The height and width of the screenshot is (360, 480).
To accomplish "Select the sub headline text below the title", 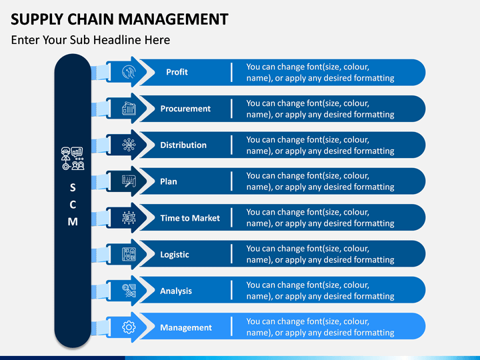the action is tap(91, 40).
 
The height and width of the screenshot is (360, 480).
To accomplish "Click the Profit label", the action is tap(177, 72).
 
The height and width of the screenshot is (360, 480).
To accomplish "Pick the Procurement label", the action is tap(185, 109).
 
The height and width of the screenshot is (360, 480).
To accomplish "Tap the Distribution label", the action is tap(183, 145).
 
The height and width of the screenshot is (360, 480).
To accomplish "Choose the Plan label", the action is tap(169, 181).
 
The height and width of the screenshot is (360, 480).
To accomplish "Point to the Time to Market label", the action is tap(190, 218).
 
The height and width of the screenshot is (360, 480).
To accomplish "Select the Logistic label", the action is tap(175, 255).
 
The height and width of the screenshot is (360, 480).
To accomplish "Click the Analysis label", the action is tap(176, 291).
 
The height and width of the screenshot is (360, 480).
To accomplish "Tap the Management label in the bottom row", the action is tap(186, 327).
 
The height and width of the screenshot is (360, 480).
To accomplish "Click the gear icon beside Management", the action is tap(129, 327).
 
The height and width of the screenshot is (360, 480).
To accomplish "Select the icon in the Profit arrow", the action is tap(129, 72).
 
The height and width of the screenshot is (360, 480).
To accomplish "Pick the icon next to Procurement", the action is tap(129, 109).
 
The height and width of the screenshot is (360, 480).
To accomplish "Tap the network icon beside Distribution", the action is tap(129, 145).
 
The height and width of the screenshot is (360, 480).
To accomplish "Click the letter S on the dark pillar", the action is tap(73, 187).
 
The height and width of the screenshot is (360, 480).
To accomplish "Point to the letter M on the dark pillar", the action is tap(73, 221).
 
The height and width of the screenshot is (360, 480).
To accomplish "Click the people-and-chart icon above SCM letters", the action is tap(73, 159).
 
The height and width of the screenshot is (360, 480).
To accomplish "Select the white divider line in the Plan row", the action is tap(232, 181).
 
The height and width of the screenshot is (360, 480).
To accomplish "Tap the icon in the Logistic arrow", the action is tap(129, 254).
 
